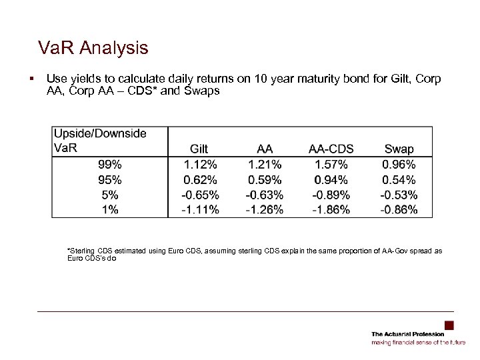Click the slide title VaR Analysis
pos(93,48)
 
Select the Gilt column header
pos(199,149)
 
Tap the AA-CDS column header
pos(331,149)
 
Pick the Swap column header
pos(399,149)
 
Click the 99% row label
pos(109,165)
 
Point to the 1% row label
pos(110,210)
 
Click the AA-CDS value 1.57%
pos(331,165)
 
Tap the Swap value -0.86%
pos(399,210)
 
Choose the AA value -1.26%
pos(264,210)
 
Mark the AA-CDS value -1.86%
pos(331,210)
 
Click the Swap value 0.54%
pos(399,179)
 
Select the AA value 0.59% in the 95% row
pos(264,179)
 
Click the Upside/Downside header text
pos(100,133)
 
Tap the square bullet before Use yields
pos(31,79)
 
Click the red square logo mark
pos(449,325)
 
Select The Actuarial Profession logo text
pos(407,334)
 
